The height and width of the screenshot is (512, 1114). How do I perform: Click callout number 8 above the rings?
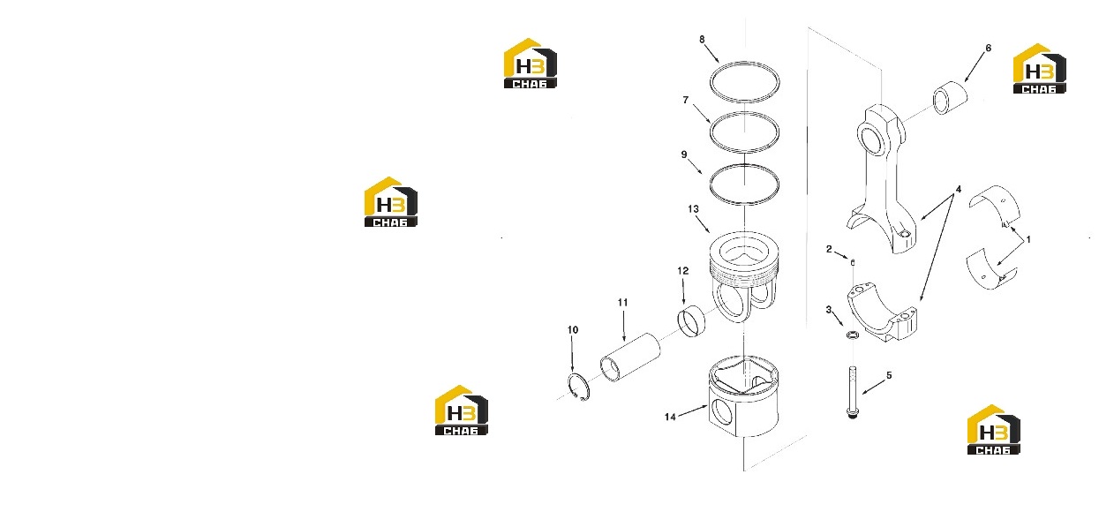point(702,40)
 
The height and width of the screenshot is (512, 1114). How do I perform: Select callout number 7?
point(686,100)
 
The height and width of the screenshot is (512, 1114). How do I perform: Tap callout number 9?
point(684,154)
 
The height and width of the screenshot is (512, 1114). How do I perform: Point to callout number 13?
point(693,209)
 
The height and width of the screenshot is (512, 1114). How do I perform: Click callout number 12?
point(683,271)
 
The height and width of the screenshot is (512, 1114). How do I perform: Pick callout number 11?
point(622,303)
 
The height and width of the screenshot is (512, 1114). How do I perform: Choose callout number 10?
point(573,330)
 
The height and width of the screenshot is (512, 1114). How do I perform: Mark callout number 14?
point(670,417)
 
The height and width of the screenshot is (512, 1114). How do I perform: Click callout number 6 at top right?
point(988,48)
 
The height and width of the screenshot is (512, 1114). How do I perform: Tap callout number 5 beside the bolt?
point(889,375)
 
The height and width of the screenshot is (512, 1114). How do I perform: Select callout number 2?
point(829,249)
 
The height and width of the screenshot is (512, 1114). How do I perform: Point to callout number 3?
point(829,310)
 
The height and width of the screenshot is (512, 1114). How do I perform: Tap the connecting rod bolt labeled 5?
point(853,393)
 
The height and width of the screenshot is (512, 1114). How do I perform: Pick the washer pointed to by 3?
point(853,335)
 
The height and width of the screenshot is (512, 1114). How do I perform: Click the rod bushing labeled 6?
point(951,97)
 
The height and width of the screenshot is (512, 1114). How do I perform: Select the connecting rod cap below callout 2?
point(883,313)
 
